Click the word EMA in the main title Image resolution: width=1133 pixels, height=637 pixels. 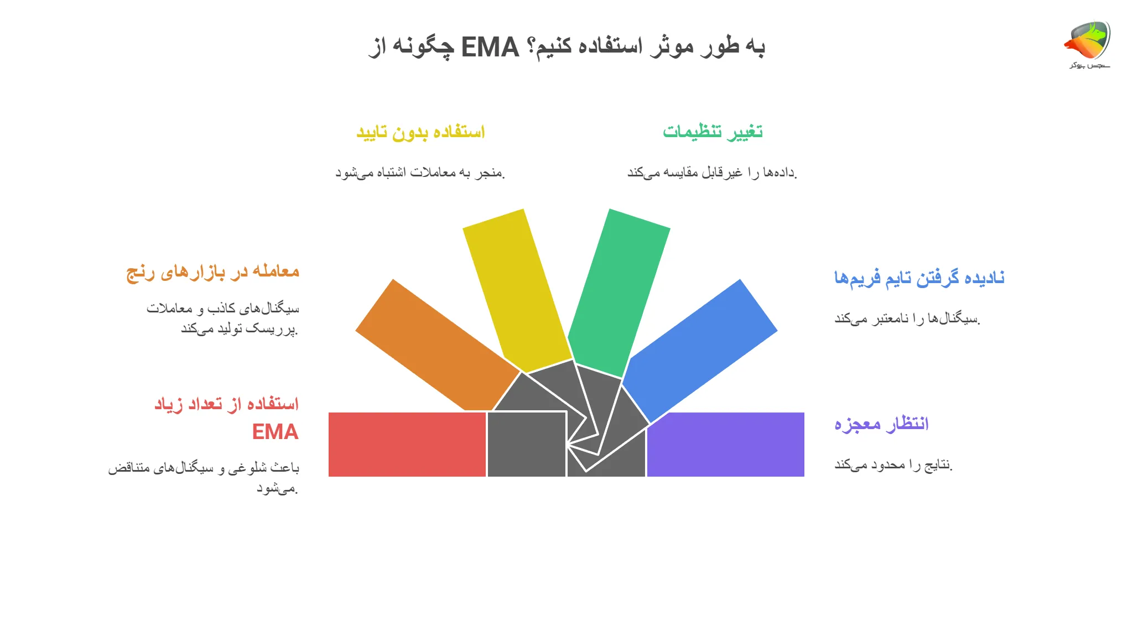(x=490, y=48)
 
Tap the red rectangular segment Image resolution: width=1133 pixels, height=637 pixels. (x=407, y=444)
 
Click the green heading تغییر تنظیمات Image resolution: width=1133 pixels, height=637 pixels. (x=713, y=132)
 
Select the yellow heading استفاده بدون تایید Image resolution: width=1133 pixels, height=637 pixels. (x=420, y=132)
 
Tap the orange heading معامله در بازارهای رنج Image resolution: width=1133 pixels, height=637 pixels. (x=213, y=272)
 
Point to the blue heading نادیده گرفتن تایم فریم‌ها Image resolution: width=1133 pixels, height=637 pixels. (x=919, y=278)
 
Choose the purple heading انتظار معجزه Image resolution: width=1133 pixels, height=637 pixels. (x=881, y=424)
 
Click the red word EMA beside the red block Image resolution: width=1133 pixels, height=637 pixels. (x=275, y=432)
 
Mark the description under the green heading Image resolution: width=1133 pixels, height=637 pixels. (x=712, y=173)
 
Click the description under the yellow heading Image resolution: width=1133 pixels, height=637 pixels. (x=420, y=173)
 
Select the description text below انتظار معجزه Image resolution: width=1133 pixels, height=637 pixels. (x=893, y=465)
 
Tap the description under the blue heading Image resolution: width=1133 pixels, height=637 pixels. (x=907, y=318)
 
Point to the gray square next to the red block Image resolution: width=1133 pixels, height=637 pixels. (x=526, y=444)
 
